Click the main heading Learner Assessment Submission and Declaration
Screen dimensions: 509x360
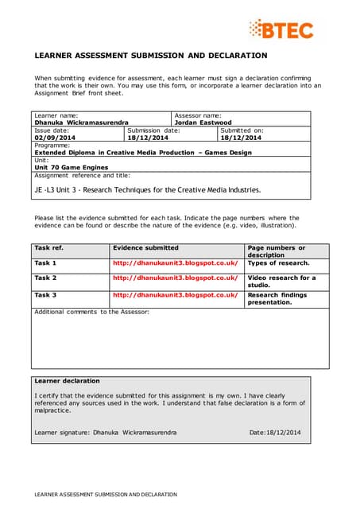click(150, 56)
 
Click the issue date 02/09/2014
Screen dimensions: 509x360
click(52, 138)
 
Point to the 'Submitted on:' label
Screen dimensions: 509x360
click(242, 130)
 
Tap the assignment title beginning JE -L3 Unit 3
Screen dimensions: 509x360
click(147, 190)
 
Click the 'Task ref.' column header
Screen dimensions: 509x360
click(49, 248)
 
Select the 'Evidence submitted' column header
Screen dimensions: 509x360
click(145, 248)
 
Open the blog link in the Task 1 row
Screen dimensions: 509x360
click(176, 262)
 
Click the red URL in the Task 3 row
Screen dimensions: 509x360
click(176, 294)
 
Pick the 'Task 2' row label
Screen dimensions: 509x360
click(46, 278)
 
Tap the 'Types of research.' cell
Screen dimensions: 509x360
click(278, 262)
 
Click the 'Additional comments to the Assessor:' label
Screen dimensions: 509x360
click(91, 312)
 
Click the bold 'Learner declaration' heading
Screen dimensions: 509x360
click(68, 381)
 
